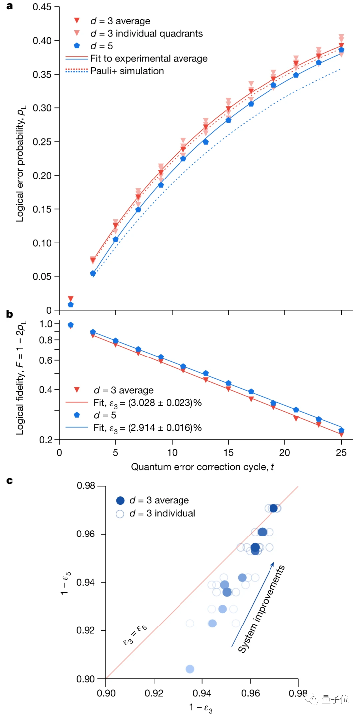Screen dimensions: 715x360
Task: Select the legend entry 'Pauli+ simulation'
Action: pos(127,71)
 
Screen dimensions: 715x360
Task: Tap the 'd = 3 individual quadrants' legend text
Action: pos(148,33)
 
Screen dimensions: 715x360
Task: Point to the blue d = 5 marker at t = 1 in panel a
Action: pos(71,304)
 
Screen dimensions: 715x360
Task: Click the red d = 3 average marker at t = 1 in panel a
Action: pos(71,298)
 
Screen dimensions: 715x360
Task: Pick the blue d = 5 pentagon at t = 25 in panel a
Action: pos(341,50)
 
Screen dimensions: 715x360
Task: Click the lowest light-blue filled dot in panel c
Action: pos(190,669)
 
